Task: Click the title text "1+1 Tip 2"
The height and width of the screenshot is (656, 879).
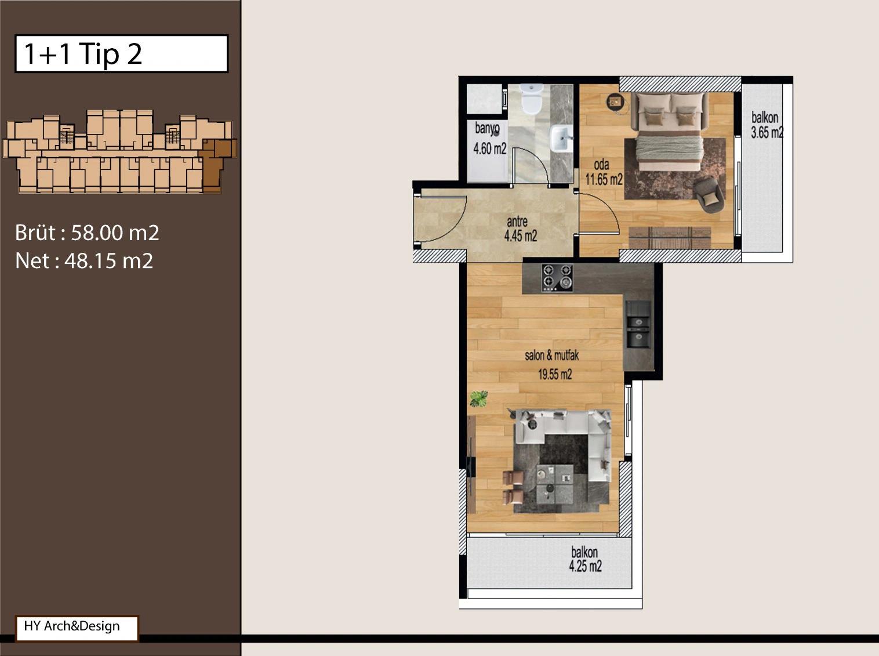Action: [83, 54]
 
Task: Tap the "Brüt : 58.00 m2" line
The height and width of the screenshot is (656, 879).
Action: [87, 233]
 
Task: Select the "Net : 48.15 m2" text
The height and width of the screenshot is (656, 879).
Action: [84, 261]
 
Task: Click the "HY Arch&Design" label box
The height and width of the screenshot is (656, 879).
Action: [77, 628]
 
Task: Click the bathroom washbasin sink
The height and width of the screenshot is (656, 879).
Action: [562, 139]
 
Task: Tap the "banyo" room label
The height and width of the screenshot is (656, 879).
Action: [487, 129]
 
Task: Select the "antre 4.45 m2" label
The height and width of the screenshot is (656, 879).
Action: [520, 229]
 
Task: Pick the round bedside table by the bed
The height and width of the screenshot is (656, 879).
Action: [615, 102]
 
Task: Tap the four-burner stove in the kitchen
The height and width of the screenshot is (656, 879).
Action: [557, 277]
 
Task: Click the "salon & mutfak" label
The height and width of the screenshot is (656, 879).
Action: [551, 355]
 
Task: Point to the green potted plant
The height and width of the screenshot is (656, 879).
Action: [479, 399]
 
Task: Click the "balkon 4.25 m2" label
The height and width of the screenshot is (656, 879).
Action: [585, 560]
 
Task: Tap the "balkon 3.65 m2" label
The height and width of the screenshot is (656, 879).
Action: [767, 125]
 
